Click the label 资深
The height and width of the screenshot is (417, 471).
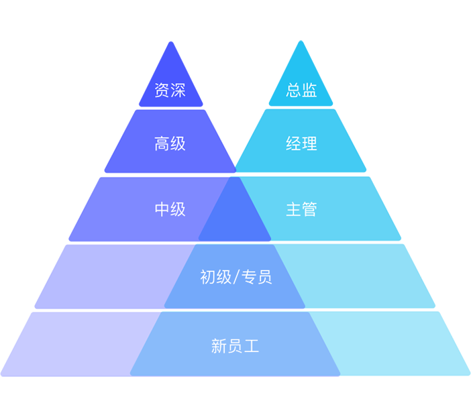(170, 90)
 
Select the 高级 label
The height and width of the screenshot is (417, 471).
(170, 143)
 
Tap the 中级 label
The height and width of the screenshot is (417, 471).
(170, 209)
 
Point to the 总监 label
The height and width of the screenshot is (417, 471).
(301, 90)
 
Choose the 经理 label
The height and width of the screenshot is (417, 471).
(301, 143)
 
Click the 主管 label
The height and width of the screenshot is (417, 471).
(301, 209)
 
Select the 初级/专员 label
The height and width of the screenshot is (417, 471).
(235, 277)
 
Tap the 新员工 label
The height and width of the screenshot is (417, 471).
(235, 346)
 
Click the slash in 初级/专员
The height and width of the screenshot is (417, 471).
(235, 277)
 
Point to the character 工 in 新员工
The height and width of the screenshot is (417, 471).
(252, 346)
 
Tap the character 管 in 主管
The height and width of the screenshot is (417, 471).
(309, 209)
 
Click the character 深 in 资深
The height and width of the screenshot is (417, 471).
(178, 90)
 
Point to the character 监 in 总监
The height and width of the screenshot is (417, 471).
(309, 90)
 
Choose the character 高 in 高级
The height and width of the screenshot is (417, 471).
(162, 143)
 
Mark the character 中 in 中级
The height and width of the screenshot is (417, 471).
(162, 209)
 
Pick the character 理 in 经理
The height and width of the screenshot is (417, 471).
(309, 143)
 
